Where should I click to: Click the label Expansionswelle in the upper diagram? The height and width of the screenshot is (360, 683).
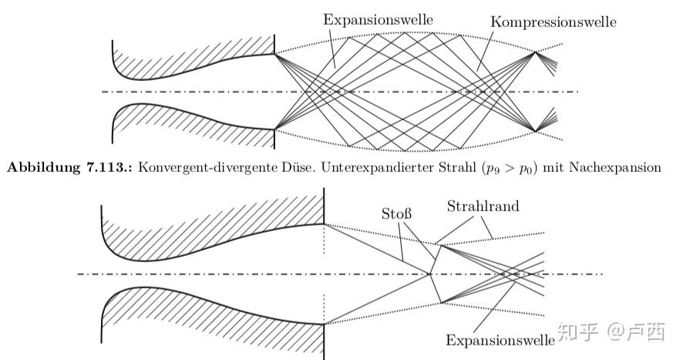click(367, 19)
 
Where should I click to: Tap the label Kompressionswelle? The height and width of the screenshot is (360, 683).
click(553, 22)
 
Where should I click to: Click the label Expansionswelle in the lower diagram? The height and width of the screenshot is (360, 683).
click(500, 340)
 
